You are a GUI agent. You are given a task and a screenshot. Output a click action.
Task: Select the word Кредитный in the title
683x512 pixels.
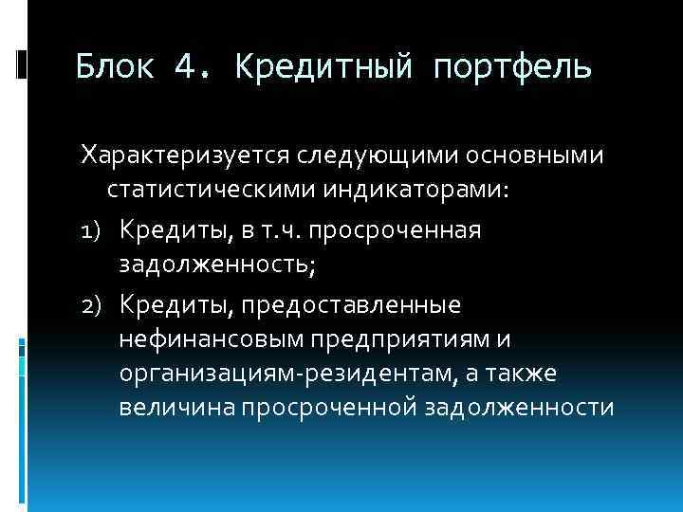point(325,67)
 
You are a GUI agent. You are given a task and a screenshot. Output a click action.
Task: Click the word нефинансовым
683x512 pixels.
point(206,339)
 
